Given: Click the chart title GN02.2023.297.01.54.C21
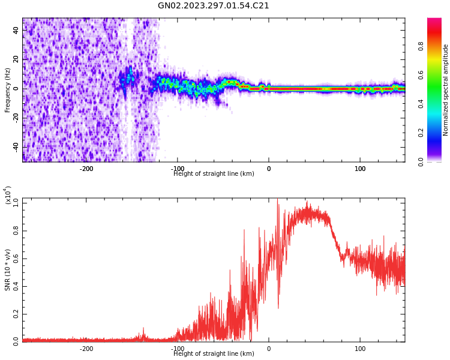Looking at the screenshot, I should point(214,6).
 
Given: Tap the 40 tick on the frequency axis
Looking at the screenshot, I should point(16,31).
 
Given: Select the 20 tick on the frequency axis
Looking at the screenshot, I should point(16,59).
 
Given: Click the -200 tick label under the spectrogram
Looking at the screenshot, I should point(86,168).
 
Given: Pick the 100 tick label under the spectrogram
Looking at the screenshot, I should point(360,168).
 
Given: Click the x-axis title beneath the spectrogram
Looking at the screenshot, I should point(214,174).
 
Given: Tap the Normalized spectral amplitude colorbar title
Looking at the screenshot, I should point(446,90).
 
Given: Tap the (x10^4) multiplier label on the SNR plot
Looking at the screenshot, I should point(8,196).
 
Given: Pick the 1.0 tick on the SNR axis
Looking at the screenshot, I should point(16,203).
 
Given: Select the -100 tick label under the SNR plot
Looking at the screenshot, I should point(178,349).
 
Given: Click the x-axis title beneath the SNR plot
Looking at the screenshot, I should point(214,354).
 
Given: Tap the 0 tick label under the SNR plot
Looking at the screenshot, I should point(269,349).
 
